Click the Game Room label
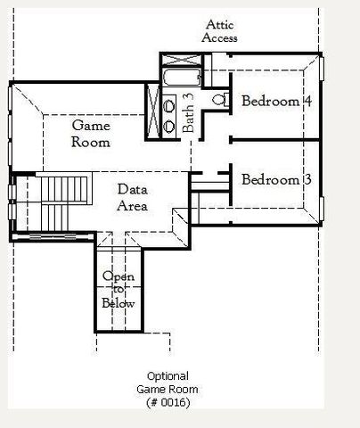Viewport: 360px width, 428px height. [x=91, y=134]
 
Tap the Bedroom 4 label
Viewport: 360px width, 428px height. [x=276, y=101]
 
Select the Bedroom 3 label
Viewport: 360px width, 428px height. [x=276, y=179]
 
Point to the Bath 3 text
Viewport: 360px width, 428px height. [x=188, y=113]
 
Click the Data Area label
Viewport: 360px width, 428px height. [x=132, y=197]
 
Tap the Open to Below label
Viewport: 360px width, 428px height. [x=119, y=290]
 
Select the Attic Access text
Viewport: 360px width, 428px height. [x=219, y=31]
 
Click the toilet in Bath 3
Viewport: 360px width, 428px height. [x=221, y=99]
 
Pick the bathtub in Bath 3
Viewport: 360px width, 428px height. [x=182, y=78]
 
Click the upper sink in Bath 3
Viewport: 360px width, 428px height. [x=169, y=106]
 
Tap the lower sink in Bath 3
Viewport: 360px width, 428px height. [x=169, y=126]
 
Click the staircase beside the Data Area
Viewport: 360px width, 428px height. [x=63, y=203]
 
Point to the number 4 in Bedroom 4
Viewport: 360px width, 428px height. [x=307, y=101]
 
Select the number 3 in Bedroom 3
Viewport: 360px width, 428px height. [x=307, y=179]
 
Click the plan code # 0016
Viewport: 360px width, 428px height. [x=168, y=402]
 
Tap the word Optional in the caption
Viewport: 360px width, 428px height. [x=168, y=376]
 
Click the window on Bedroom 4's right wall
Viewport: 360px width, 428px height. [x=322, y=69]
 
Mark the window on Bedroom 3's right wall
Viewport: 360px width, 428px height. [x=322, y=209]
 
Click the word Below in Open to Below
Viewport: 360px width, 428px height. [x=119, y=303]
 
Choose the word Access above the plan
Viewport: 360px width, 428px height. [x=219, y=37]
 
